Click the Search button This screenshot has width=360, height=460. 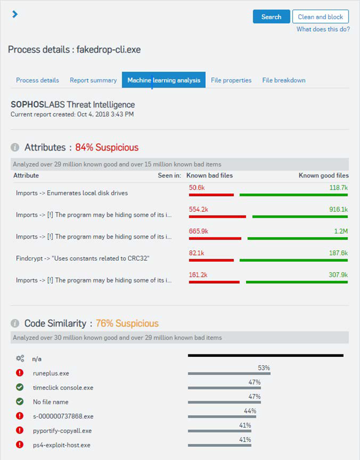click(x=271, y=17)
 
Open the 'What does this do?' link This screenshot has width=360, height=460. click(x=322, y=29)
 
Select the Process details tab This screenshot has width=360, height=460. click(x=37, y=80)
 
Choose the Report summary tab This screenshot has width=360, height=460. click(x=93, y=80)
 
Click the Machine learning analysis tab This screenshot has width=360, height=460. click(x=164, y=80)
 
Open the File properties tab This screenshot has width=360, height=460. click(x=231, y=80)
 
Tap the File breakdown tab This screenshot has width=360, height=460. click(x=284, y=80)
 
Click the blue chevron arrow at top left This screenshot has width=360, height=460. click(x=15, y=14)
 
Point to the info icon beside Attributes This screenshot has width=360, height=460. click(x=16, y=148)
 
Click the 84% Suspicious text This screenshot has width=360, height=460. click(x=107, y=148)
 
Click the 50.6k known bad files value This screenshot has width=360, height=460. click(x=197, y=188)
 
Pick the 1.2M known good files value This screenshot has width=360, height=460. click(x=341, y=231)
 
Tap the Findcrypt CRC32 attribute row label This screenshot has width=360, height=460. click(x=83, y=258)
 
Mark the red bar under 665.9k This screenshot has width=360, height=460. click(x=215, y=238)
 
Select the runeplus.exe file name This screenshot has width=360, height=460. click(x=51, y=373)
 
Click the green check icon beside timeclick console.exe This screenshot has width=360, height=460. click(x=20, y=387)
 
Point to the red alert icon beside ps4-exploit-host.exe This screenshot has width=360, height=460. click(x=20, y=445)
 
